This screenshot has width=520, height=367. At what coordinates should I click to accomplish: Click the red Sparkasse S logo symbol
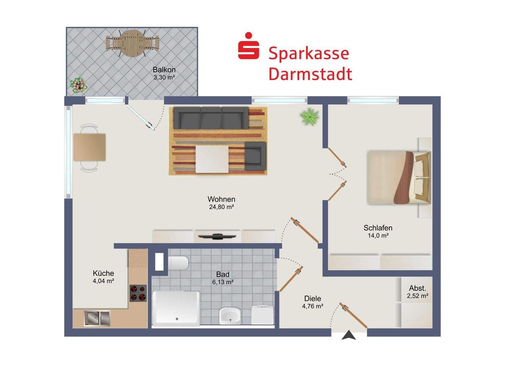248,46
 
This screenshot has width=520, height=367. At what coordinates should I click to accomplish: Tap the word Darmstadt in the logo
310,74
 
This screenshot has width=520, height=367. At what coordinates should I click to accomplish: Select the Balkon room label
164,70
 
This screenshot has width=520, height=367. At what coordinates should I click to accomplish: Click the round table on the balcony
132,43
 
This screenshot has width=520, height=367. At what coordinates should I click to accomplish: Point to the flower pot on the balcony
78,85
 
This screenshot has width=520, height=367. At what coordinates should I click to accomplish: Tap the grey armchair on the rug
255,156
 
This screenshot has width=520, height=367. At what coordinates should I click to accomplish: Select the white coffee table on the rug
212,159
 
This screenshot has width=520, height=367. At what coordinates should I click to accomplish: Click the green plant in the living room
309,116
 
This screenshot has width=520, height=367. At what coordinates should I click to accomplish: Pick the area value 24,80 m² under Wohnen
221,207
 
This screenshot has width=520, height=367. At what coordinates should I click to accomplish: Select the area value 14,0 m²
378,236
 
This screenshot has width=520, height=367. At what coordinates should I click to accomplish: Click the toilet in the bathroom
178,263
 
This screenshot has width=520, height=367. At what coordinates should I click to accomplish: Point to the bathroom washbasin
230,315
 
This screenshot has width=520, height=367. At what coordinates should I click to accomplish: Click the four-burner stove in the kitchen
138,293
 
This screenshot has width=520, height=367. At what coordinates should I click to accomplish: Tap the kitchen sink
97,318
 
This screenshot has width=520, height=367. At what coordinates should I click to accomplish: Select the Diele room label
313,299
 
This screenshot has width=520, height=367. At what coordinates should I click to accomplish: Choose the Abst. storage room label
417,288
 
